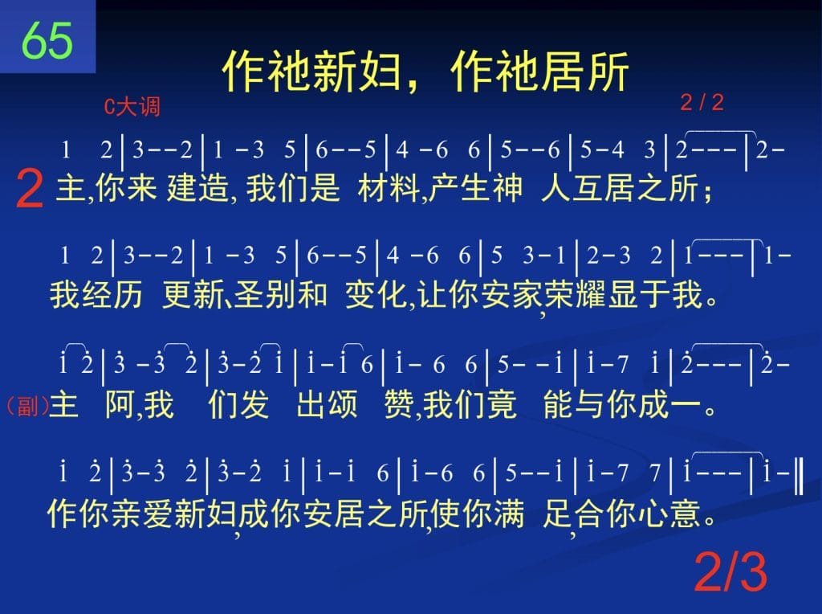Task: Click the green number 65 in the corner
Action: point(47,40)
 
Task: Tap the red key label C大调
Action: point(132,107)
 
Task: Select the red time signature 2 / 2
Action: point(702,102)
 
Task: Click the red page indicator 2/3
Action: point(730,572)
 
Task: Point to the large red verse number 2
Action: point(30,189)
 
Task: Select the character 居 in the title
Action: point(561,71)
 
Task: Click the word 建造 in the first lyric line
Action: point(197,188)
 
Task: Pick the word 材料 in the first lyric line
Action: point(389,188)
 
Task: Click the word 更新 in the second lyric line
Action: point(193,294)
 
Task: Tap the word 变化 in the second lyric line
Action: point(376,294)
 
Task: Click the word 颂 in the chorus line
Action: point(343,404)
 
